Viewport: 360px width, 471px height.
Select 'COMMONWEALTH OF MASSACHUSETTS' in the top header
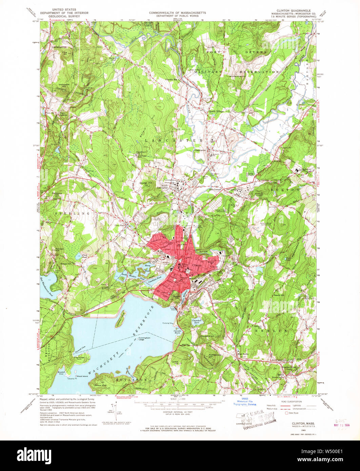click(177, 13)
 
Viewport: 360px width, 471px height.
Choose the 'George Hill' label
click(145, 183)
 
